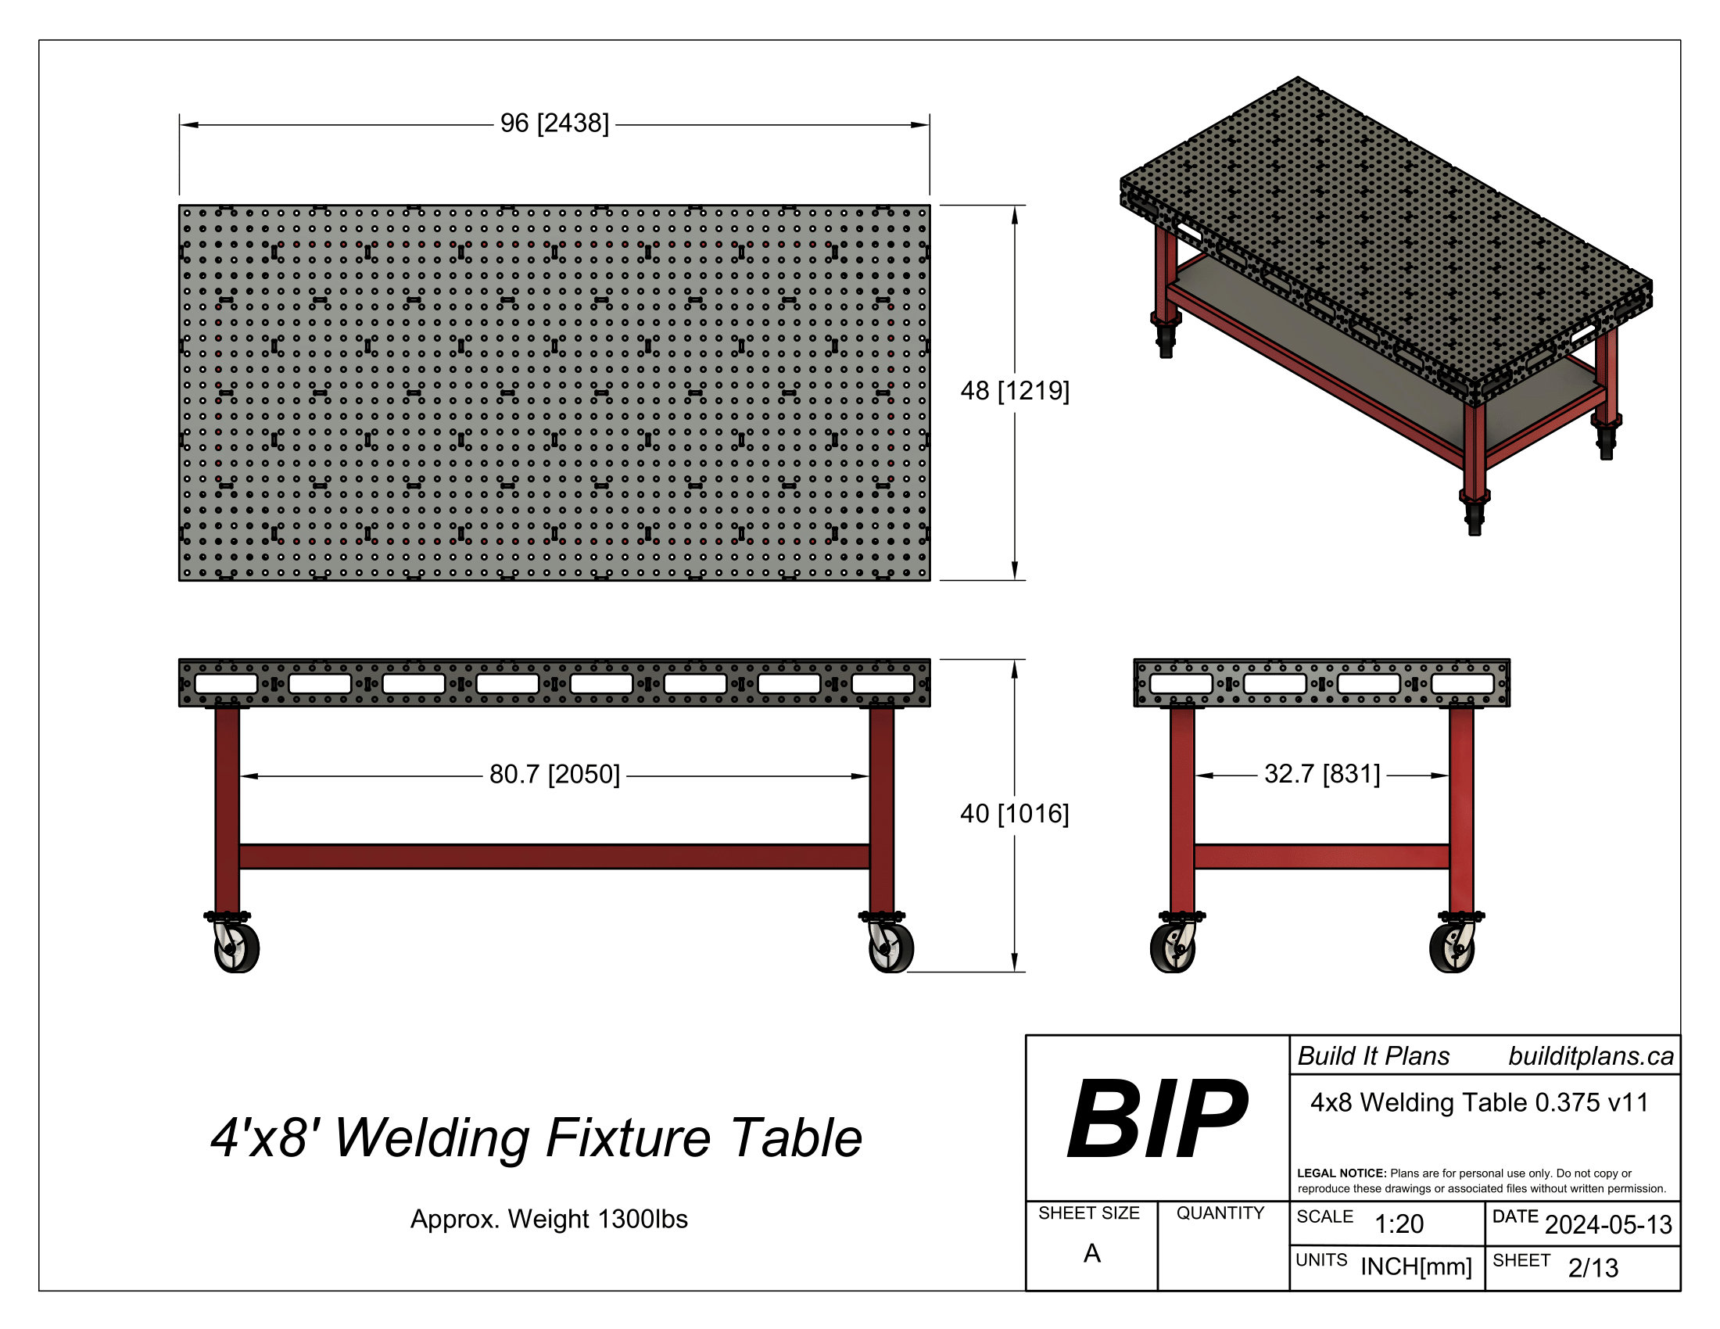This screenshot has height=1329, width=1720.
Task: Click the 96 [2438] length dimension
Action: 554,124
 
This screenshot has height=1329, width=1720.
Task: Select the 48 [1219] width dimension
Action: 1014,391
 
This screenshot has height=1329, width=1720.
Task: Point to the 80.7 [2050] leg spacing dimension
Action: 554,775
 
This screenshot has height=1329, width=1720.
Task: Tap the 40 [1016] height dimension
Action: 1014,814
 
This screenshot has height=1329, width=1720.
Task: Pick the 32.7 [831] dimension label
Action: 1321,774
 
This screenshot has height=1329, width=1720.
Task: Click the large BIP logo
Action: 1156,1119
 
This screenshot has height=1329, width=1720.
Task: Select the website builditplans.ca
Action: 1590,1057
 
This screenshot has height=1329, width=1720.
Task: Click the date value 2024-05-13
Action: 1607,1225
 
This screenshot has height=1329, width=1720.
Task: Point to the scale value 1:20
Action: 1399,1224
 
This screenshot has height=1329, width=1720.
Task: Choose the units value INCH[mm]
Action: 1415,1266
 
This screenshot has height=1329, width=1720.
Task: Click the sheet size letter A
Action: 1091,1253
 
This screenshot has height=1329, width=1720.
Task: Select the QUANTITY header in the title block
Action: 1220,1213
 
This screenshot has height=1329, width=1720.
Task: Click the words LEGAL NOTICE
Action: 1341,1173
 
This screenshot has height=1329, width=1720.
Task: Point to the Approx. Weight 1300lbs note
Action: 549,1220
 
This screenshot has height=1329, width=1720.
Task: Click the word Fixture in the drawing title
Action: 629,1138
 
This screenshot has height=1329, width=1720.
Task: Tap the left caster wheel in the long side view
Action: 236,948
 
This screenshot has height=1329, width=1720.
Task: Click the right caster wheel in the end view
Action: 1452,948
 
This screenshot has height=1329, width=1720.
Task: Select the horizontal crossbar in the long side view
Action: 554,857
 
